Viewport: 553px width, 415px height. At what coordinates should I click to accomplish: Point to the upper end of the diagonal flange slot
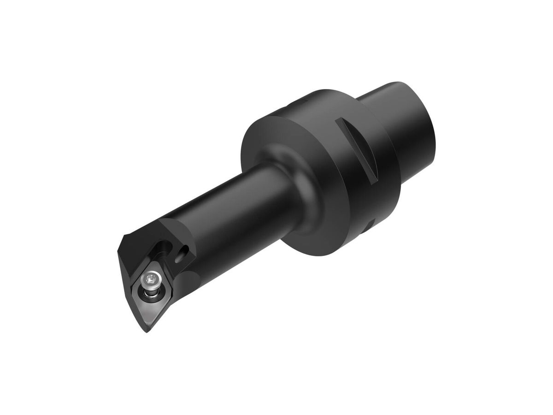340,121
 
